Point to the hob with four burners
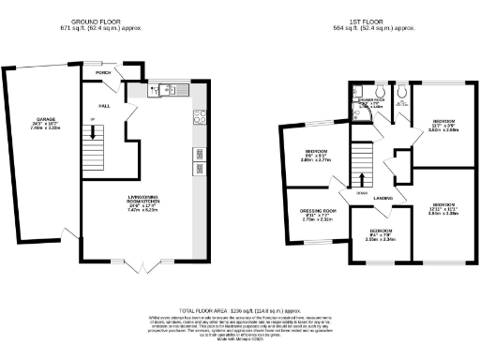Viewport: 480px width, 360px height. click(199, 117)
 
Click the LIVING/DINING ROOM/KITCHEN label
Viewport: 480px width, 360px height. click(142, 202)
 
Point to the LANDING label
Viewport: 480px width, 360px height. click(382, 199)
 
